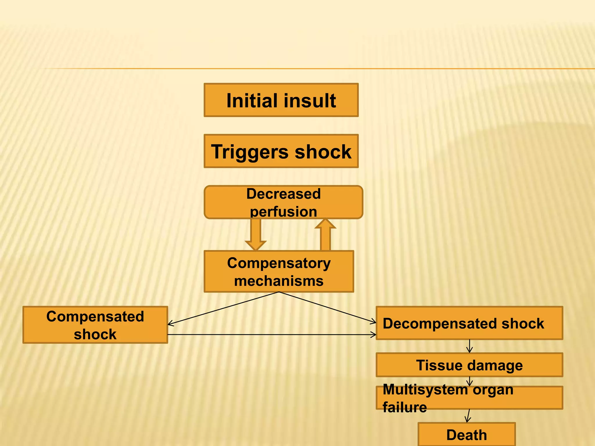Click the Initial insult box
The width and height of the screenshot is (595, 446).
point(281,100)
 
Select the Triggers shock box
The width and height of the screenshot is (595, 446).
point(281,151)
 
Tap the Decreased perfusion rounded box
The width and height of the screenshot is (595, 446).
point(283,202)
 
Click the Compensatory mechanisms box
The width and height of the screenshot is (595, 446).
point(279,271)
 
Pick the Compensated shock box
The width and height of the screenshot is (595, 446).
point(95,325)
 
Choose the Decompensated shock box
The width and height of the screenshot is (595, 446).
point(469,323)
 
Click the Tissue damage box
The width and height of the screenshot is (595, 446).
point(469,365)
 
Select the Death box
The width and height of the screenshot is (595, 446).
point(467,435)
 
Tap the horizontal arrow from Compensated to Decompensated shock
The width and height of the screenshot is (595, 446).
point(272,335)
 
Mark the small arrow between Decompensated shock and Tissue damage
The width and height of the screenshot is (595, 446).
point(469,346)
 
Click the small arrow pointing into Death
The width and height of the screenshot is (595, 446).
point(468,416)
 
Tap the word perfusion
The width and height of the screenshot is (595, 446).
point(283,212)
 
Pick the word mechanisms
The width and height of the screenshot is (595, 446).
point(279,281)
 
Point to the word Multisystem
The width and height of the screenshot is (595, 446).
point(425,390)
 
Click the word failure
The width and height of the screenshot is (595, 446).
point(404,407)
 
